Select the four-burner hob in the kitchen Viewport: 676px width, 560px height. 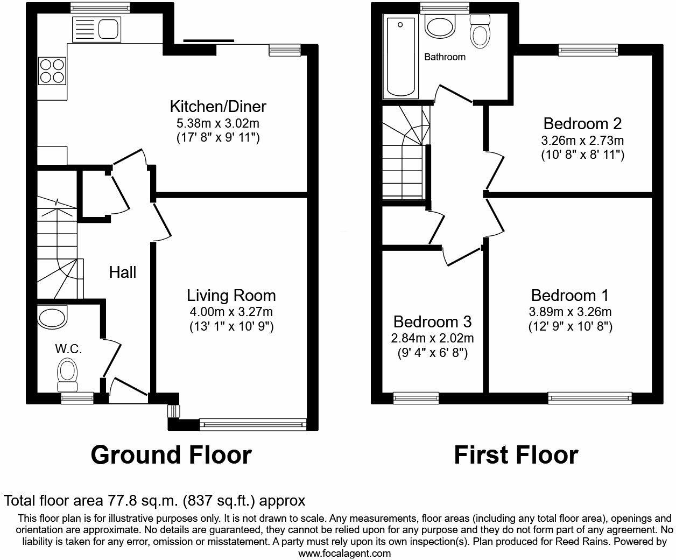point(52,71)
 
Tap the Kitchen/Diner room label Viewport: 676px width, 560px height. point(218,106)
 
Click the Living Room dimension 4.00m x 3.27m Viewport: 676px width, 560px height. point(231,311)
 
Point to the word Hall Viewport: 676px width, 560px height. point(123,272)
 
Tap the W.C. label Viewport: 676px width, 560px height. point(68,349)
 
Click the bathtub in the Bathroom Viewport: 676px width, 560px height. point(399,57)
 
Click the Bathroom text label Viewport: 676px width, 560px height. point(445,57)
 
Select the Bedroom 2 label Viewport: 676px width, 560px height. point(582,124)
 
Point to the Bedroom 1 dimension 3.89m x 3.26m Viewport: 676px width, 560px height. point(570,312)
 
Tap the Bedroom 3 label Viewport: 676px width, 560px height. point(432,322)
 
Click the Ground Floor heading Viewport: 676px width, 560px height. point(171,455)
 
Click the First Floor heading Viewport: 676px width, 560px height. point(516,455)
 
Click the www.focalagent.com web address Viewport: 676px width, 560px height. point(344,553)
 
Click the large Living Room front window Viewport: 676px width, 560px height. point(252,424)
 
